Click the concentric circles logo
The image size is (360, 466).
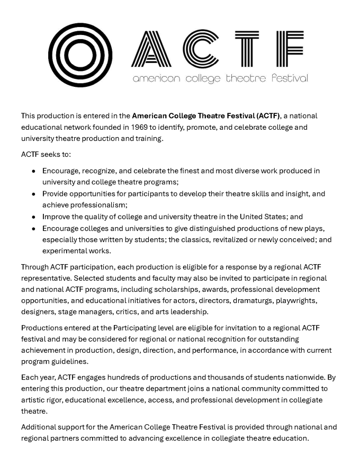coord(80,55)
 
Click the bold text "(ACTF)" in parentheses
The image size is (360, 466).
coord(267,115)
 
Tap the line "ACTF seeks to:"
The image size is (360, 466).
coord(46,154)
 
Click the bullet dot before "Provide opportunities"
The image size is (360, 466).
coord(34,194)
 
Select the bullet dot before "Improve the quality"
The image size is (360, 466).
coord(34,217)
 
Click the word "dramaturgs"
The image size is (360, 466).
coord(251,301)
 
